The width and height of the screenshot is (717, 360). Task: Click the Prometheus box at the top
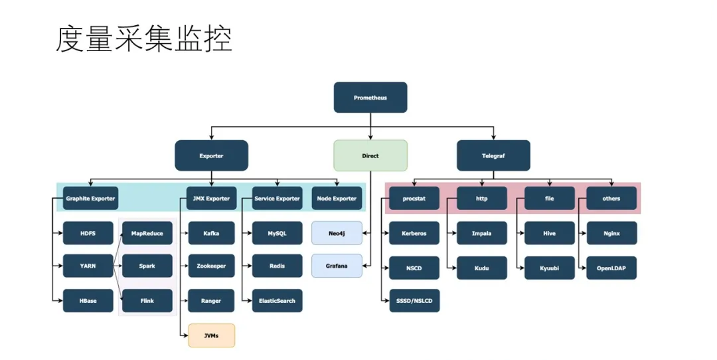click(370, 98)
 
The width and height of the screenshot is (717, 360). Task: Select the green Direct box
click(370, 155)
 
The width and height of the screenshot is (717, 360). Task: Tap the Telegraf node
click(493, 155)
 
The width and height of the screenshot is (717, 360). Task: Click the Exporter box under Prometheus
click(211, 155)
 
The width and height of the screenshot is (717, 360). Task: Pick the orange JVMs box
click(211, 335)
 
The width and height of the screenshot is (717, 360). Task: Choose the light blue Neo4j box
click(337, 233)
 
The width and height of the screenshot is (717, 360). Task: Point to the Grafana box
click(337, 266)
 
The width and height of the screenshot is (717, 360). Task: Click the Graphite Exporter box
click(90, 198)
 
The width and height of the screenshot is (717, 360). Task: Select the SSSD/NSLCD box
click(414, 301)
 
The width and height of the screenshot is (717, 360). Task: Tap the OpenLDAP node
click(611, 268)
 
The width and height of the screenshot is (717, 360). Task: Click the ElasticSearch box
click(277, 301)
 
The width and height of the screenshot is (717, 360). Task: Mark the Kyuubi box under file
click(549, 268)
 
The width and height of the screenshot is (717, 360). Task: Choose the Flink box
click(147, 301)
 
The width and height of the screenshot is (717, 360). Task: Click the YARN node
click(88, 266)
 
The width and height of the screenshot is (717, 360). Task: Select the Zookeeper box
click(211, 266)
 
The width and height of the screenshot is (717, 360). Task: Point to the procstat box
click(414, 198)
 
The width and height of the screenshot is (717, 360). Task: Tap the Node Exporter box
click(337, 198)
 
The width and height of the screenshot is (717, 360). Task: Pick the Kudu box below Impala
click(481, 268)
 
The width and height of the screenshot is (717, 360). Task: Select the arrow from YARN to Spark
click(118, 266)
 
